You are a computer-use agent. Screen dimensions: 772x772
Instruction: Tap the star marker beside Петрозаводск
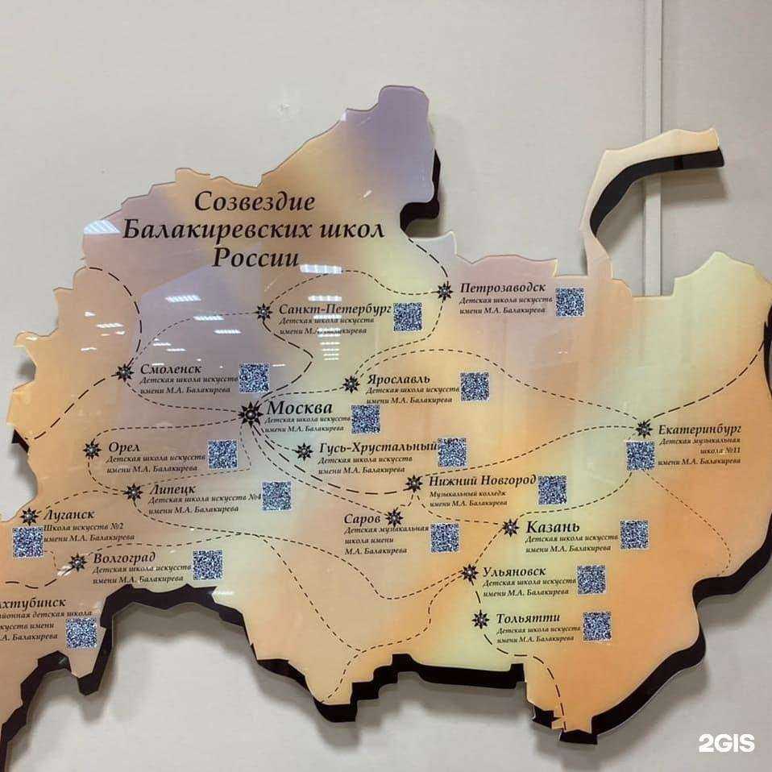444,292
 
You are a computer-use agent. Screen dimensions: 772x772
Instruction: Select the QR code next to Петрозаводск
570,301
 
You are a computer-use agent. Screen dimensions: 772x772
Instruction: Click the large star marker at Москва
251,414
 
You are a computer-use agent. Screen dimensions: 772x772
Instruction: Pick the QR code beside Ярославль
475,386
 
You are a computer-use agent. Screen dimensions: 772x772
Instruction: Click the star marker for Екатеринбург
643,429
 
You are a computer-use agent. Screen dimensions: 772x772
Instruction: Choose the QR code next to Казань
634,533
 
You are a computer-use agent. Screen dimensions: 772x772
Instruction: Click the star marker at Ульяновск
470,573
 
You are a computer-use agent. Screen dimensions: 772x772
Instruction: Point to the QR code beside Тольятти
597,625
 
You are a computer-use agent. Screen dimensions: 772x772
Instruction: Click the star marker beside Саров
393,517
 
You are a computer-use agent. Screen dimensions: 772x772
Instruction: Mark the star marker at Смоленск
124,371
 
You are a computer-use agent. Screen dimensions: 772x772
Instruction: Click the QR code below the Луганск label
27,541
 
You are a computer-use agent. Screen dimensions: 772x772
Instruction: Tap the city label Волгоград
123,557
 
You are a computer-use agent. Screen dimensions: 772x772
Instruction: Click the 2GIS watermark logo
727,742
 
